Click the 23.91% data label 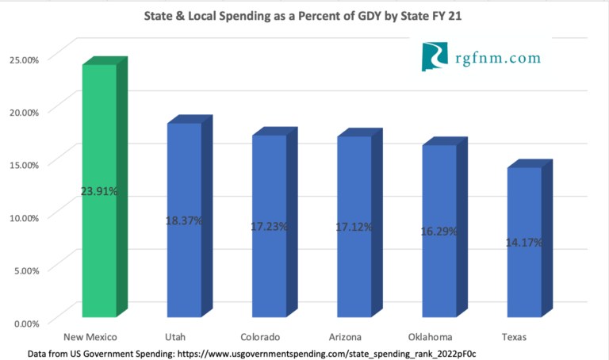coord(99,191)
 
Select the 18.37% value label coord(183,220)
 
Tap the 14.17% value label coord(524,242)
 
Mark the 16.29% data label coord(439,232)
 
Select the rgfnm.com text coord(498,58)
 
